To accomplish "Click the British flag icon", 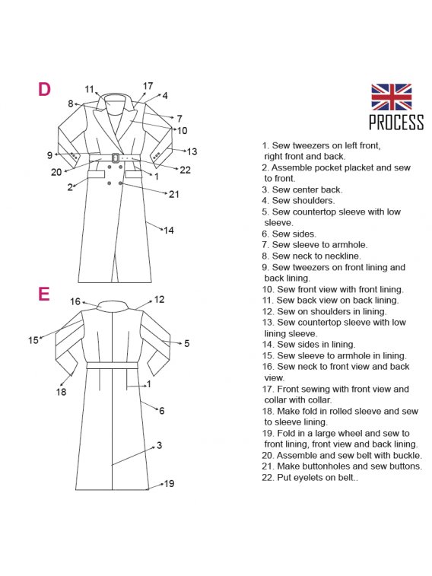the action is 391,97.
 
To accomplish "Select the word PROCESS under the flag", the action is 396,123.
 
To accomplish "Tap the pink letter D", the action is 44,89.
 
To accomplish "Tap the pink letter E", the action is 43,294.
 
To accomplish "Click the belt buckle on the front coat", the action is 116,158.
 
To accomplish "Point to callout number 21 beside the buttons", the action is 173,194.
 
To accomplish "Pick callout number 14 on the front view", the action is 169,231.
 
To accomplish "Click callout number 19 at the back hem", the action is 169,483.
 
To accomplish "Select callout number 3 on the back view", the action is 159,445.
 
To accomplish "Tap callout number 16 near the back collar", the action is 75,301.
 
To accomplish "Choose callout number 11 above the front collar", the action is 90,89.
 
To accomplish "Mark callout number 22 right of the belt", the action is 185,170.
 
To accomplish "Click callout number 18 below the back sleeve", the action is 62,392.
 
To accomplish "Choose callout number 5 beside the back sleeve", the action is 187,343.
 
